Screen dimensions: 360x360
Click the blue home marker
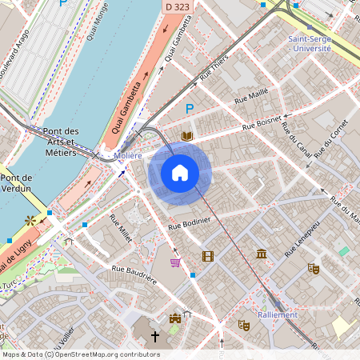pyautogui.click(x=180, y=173)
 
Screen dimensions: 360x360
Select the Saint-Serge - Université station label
pyautogui.click(x=309, y=43)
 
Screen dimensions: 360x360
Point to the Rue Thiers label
pyautogui.click(x=214, y=69)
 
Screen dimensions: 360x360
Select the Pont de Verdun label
pyautogui.click(x=16, y=183)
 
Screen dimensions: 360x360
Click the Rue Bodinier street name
pyautogui.click(x=190, y=223)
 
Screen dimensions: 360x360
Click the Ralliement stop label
pyautogui.click(x=277, y=314)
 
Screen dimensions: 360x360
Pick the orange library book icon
pyautogui.click(x=187, y=137)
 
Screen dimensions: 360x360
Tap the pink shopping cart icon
pyautogui.click(x=175, y=262)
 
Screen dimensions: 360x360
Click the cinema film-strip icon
pyautogui.click(x=208, y=256)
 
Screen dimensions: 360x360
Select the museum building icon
pyautogui.click(x=262, y=254)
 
